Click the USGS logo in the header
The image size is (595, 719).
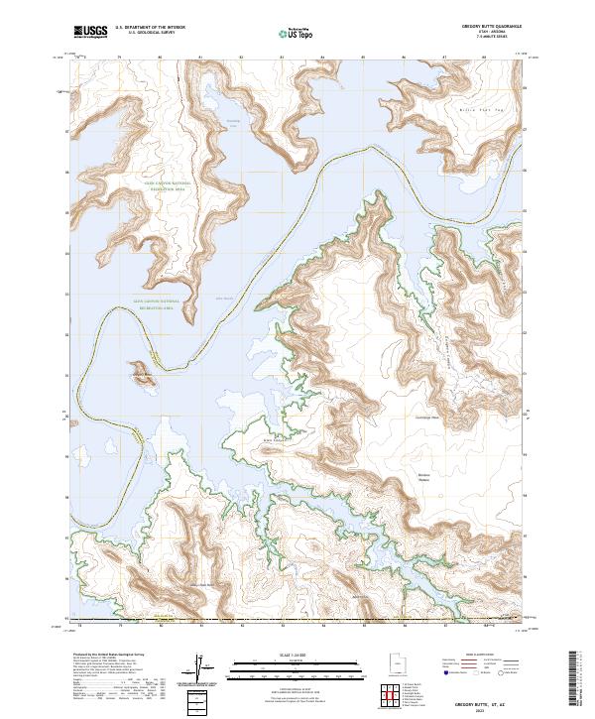[x=89, y=33]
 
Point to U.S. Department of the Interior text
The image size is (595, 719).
[x=150, y=28]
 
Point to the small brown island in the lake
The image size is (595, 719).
[x=142, y=373]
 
